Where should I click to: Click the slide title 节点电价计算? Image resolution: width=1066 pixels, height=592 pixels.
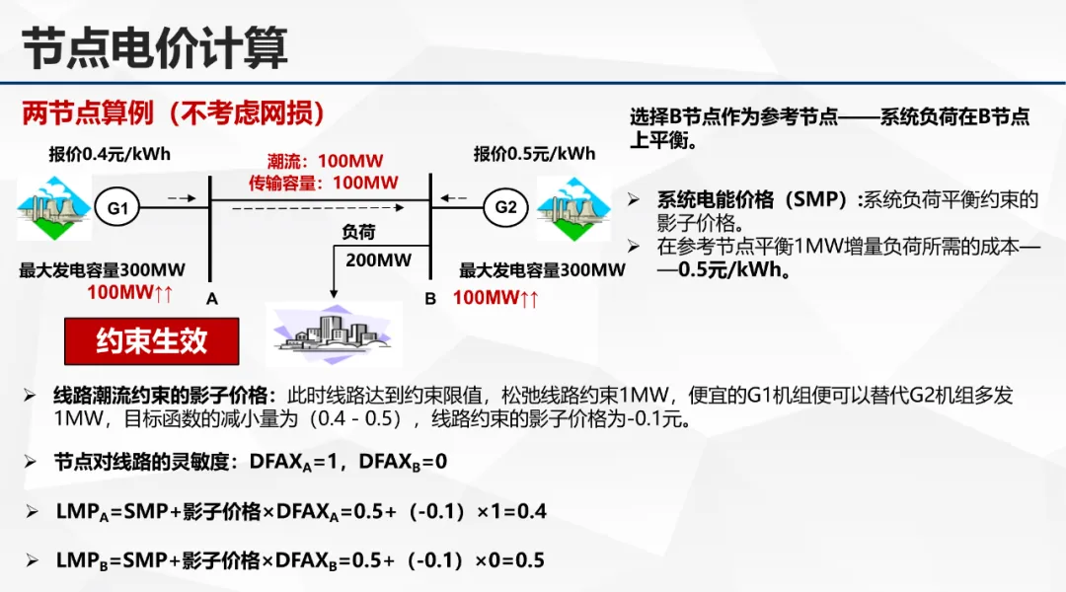point(155,46)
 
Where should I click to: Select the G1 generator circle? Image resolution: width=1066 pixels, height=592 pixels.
point(117,208)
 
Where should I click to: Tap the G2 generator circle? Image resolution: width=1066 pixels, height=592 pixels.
point(505,207)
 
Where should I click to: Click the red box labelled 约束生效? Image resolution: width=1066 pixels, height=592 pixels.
point(151,341)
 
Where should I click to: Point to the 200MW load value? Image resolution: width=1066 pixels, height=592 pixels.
point(378,260)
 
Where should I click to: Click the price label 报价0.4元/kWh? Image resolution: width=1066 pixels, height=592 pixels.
point(110,154)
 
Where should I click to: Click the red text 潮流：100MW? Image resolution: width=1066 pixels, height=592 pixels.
point(325,161)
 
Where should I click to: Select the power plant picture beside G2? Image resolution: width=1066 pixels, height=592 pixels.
point(573,208)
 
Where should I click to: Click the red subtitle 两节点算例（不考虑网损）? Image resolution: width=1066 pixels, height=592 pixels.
point(174,113)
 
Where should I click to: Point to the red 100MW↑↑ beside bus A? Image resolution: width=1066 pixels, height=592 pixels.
point(130,293)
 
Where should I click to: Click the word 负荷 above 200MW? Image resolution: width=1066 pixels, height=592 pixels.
point(358,233)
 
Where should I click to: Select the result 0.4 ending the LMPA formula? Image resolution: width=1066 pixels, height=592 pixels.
point(532,511)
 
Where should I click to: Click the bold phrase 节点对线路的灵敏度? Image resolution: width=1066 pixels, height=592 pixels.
point(146,462)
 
